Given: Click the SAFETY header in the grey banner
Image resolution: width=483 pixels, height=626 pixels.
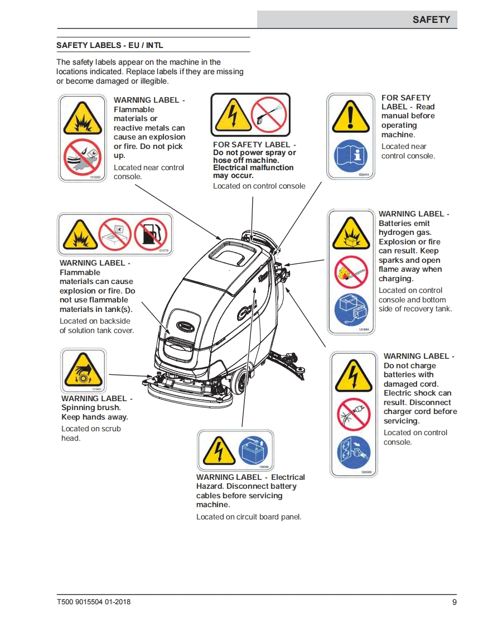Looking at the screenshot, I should [431, 20].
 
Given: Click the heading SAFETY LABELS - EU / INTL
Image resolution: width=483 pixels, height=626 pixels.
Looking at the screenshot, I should [110, 45].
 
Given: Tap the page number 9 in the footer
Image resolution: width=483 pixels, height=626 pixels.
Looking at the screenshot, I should [454, 602].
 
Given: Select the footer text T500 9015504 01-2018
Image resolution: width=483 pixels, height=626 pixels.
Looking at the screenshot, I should [94, 602].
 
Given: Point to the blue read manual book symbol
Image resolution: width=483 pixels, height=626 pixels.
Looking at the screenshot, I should [351, 157].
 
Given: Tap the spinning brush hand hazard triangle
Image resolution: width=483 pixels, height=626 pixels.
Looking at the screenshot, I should [83, 370].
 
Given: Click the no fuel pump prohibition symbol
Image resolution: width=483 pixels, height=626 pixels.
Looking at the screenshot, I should [151, 233].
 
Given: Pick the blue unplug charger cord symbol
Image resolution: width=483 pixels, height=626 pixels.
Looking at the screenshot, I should [354, 454].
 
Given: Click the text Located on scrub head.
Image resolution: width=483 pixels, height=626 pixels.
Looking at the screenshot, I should [90, 434].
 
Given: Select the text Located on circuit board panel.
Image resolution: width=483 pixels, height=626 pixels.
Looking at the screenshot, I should [249, 517].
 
